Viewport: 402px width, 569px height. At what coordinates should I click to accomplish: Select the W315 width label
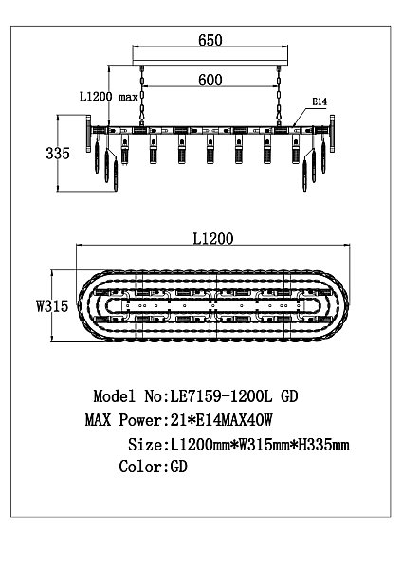[52, 306]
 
